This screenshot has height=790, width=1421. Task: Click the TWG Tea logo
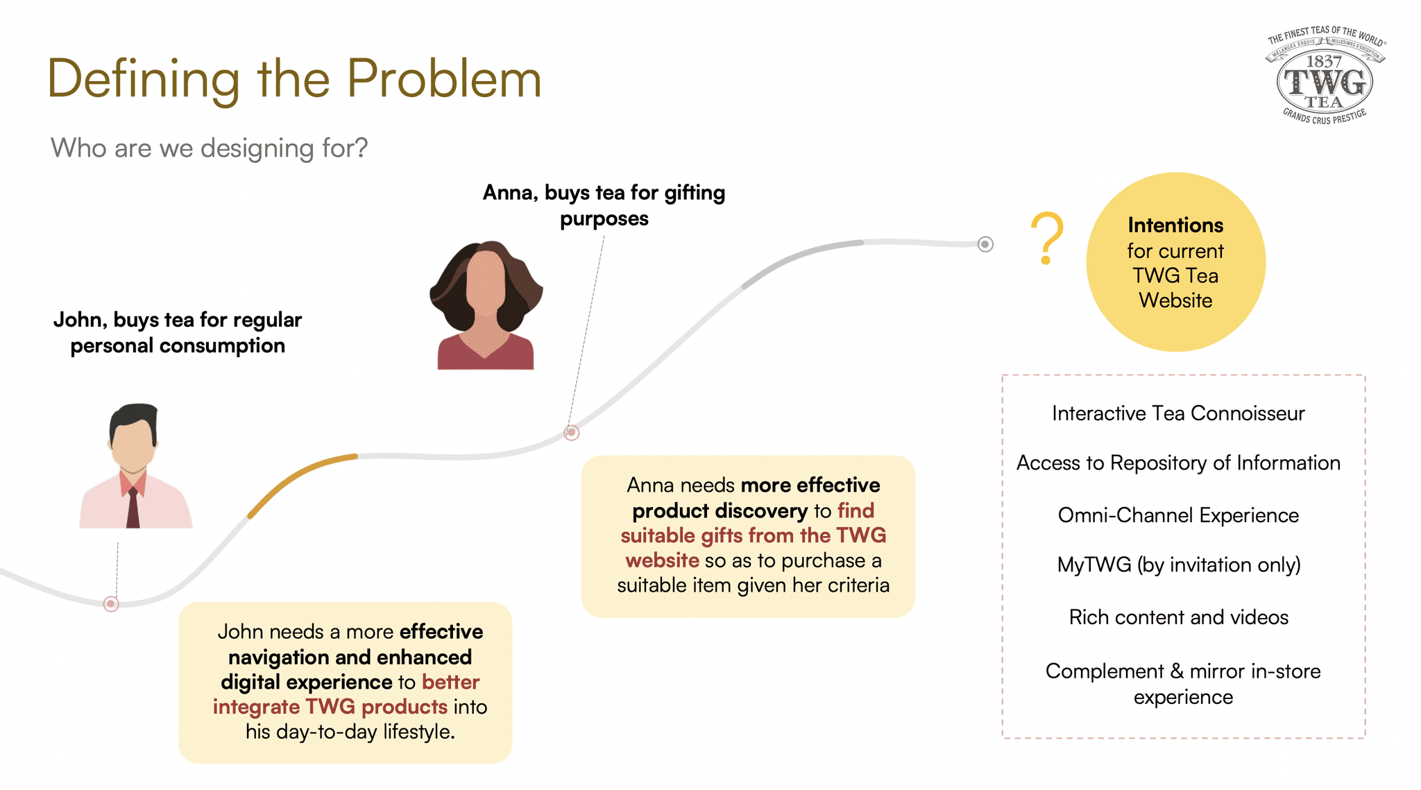coord(1325,76)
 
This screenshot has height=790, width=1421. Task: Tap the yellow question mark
coord(1046,237)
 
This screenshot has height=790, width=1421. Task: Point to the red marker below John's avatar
coord(111,603)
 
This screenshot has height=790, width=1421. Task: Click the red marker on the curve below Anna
coord(571,433)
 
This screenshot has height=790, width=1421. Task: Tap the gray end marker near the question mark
coord(985,244)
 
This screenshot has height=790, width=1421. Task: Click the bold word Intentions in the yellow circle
coord(1175,225)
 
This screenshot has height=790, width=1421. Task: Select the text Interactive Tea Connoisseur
coord(1178,413)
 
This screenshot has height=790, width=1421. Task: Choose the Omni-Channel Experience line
coord(1178,515)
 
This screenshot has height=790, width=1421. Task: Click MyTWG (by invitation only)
coord(1178,565)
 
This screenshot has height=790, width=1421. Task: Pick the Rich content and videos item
coord(1178,617)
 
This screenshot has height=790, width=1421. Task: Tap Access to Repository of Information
coord(1178,463)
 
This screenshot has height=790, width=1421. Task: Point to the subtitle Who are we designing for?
coord(209,148)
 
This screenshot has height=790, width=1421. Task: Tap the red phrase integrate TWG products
coord(330,707)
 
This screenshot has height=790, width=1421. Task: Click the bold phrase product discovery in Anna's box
coord(720,511)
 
